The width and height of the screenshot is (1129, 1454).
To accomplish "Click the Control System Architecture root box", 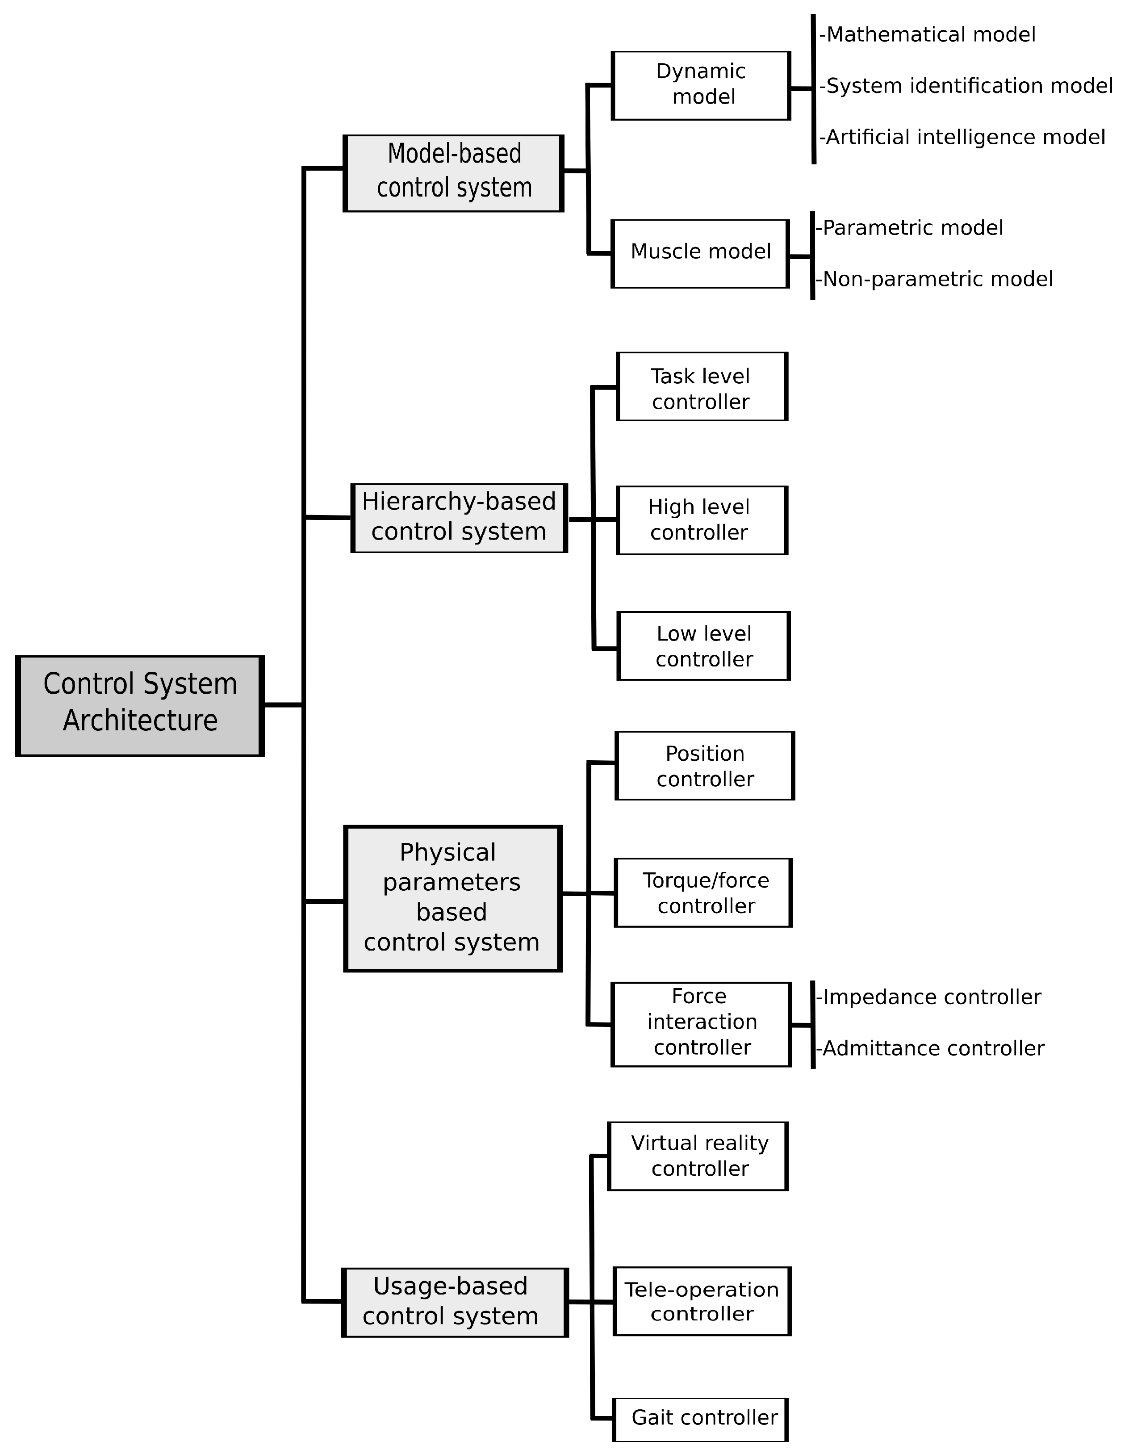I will [140, 706].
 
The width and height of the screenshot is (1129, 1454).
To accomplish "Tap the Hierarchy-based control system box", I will [459, 518].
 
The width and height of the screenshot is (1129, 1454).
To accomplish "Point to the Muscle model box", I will [700, 254].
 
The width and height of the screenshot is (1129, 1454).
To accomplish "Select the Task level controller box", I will [702, 387].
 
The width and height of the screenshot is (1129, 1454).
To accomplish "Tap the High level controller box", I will [702, 520].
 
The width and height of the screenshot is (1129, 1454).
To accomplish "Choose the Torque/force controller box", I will [703, 893].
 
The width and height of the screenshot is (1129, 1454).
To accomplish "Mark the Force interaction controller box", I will [701, 1024].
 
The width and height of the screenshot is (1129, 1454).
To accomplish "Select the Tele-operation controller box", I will [702, 1302].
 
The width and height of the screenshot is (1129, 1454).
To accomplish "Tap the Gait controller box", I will [700, 1419].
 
